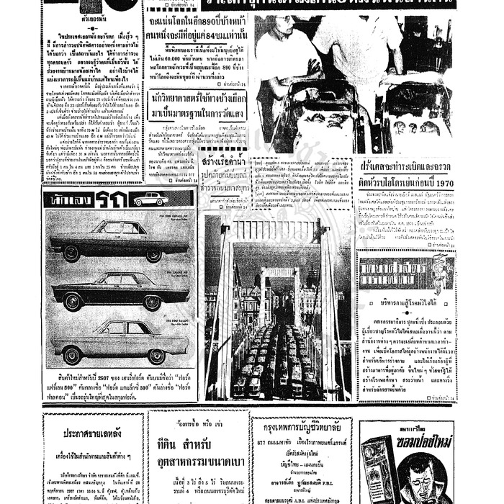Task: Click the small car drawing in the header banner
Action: (x=150, y=198)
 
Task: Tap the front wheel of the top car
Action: (x=71, y=253)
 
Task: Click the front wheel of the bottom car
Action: (x=72, y=355)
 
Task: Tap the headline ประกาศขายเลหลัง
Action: (x=90, y=434)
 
